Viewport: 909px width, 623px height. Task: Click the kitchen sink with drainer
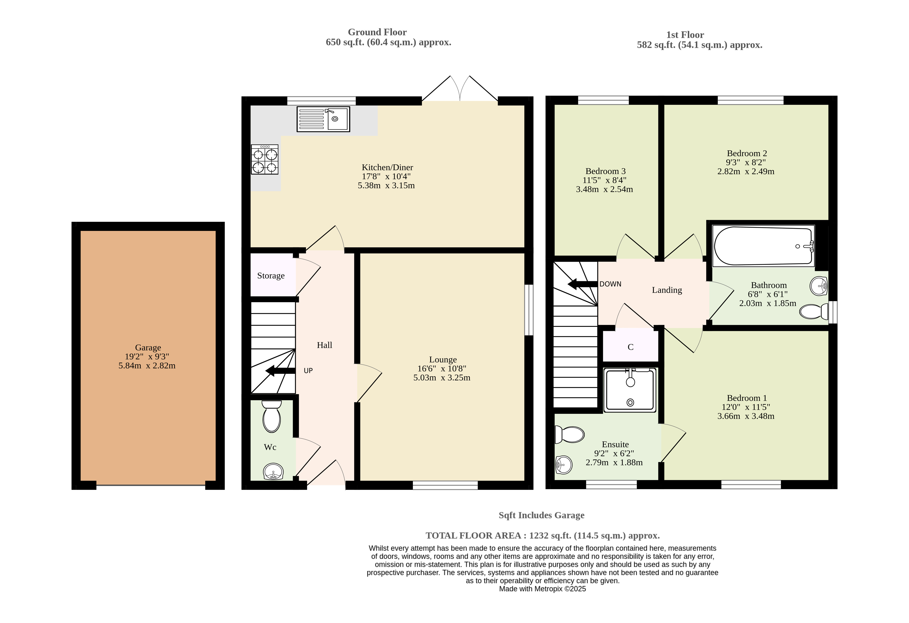coord(323,119)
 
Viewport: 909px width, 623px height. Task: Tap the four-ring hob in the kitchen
coord(265,159)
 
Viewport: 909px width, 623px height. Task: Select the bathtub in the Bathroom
coord(764,246)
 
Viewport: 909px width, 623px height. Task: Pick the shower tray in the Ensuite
coord(630,390)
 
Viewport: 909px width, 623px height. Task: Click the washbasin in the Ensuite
coord(564,465)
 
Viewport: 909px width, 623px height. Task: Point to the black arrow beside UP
coord(280,371)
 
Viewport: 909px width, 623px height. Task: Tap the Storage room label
coord(271,276)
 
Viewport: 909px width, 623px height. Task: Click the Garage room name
coord(148,347)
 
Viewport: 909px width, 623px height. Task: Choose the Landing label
coord(667,290)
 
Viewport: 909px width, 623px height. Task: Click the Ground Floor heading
coord(377,32)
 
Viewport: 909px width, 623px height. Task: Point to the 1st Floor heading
coord(685,35)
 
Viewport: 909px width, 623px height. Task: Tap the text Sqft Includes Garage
coord(541,515)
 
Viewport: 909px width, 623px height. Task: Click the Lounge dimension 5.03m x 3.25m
coord(442,378)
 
